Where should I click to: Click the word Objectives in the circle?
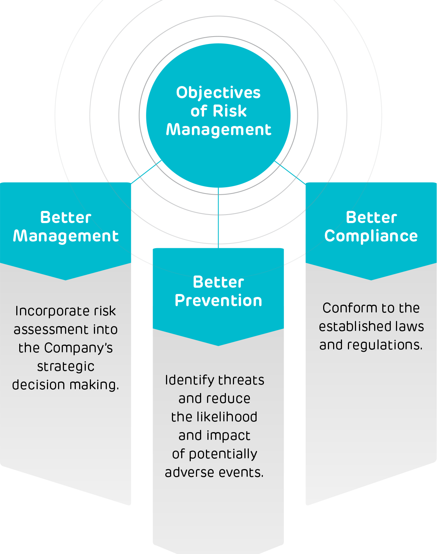point(218,93)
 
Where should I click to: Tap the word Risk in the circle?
point(230,111)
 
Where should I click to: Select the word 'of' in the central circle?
point(199,111)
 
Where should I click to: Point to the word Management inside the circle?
point(218,130)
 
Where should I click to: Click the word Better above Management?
point(66,218)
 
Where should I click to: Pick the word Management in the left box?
point(66,236)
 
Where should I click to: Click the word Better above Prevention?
point(218,282)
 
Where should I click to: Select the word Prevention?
point(218,301)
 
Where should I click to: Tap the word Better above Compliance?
point(371,218)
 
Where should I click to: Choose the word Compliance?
point(371,236)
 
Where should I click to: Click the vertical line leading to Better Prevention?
point(218,218)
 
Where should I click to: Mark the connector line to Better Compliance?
point(290,172)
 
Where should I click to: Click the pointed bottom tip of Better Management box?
point(66,278)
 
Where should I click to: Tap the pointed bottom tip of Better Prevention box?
point(218,344)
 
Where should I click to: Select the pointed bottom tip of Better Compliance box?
point(371,278)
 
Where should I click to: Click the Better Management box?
point(66,255)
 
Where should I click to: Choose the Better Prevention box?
point(218,319)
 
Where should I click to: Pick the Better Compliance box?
point(371,255)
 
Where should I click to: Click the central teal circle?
point(218,163)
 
